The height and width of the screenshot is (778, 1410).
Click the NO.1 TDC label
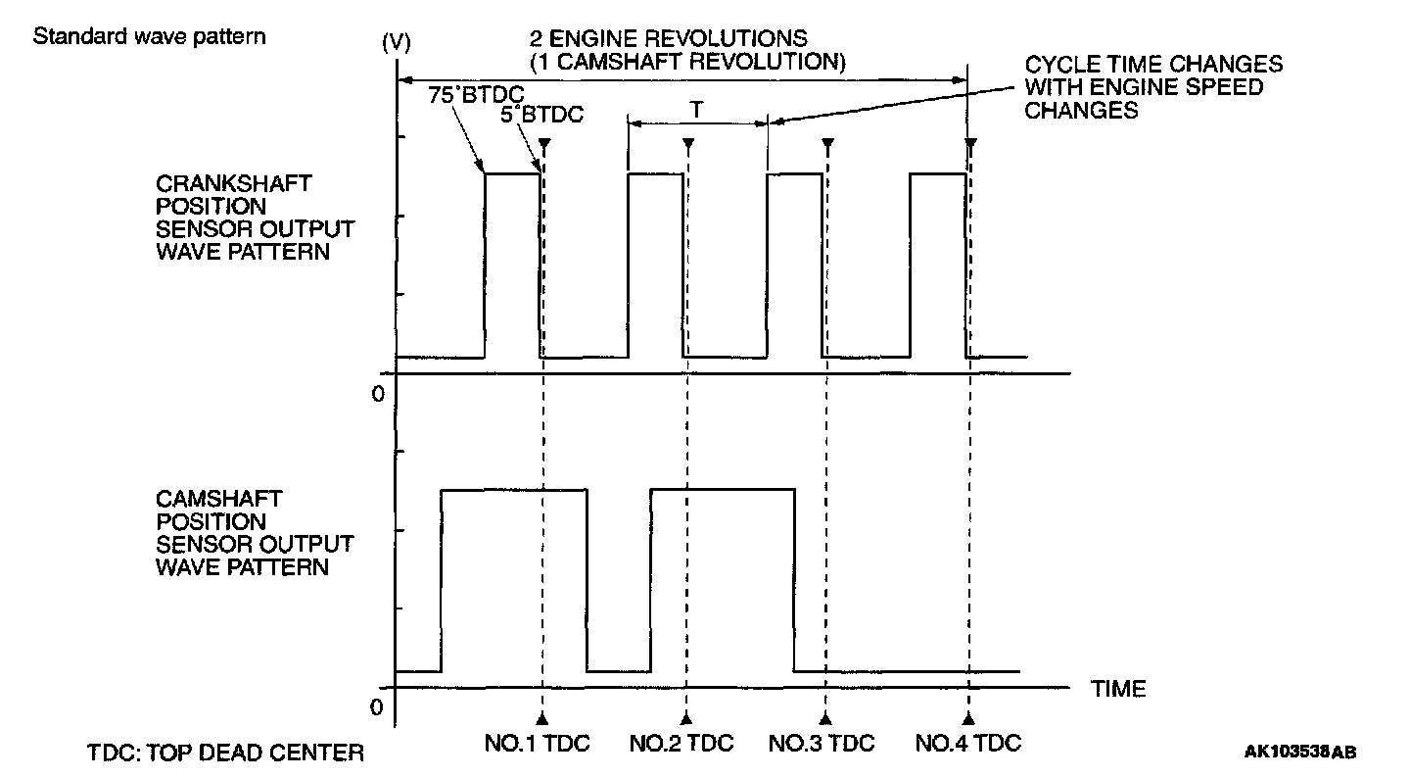538,743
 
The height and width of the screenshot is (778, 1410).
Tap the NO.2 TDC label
681,743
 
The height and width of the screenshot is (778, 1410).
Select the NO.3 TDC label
822,743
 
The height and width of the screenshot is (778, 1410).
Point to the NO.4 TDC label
968,743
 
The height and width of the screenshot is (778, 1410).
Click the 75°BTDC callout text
472,95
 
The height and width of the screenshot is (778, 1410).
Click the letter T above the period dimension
695,111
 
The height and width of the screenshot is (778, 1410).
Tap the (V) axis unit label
398,43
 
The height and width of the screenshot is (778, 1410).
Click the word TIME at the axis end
1118,689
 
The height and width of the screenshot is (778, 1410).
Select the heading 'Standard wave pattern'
150,38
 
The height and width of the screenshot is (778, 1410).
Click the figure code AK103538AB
1301,752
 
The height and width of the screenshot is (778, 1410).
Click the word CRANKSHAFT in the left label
220,184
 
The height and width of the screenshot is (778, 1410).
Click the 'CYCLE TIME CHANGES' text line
1153,65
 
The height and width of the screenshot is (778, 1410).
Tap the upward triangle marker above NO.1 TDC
541,717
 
